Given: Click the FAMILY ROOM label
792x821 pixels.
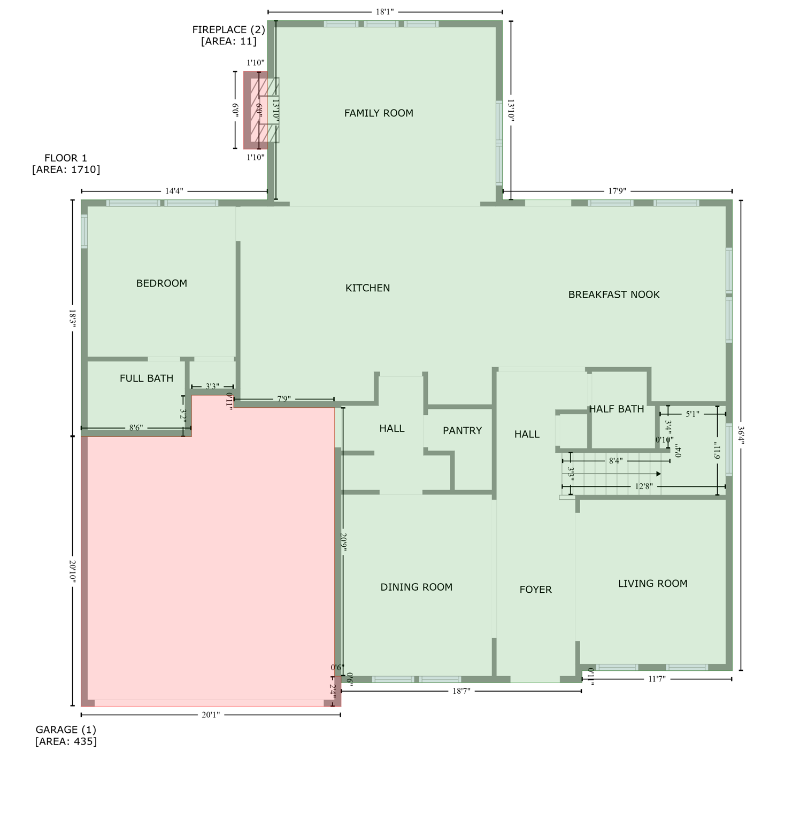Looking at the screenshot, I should pyautogui.click(x=378, y=113).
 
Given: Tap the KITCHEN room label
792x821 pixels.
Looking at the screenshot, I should pyautogui.click(x=367, y=288).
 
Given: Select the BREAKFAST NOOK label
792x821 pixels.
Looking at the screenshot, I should pyautogui.click(x=613, y=295).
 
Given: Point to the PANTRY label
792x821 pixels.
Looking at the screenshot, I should pyautogui.click(x=462, y=431).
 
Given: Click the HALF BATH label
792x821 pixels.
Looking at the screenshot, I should pyautogui.click(x=616, y=409).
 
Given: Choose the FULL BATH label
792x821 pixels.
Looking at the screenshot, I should pyautogui.click(x=146, y=378).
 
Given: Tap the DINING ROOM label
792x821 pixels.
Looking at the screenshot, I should pyautogui.click(x=416, y=587).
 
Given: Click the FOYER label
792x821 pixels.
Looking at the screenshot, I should pyautogui.click(x=535, y=590).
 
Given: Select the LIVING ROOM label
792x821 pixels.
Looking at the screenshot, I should pyautogui.click(x=652, y=584).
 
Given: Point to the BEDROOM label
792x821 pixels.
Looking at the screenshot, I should pyautogui.click(x=162, y=283).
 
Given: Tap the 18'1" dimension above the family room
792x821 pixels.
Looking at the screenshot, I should pyautogui.click(x=385, y=12).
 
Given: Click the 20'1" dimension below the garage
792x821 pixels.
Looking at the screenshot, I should pyautogui.click(x=211, y=715).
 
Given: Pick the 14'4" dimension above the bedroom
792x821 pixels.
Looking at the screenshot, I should pyautogui.click(x=174, y=191).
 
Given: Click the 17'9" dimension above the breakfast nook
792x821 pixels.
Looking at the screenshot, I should pyautogui.click(x=617, y=191).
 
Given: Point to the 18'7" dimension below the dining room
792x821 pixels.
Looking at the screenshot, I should pyautogui.click(x=461, y=691).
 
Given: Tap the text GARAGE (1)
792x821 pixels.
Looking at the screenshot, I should pyautogui.click(x=66, y=730).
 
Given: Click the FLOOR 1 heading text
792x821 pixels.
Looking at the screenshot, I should pyautogui.click(x=66, y=158).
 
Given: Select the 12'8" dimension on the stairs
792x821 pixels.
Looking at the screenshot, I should pyautogui.click(x=643, y=487).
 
